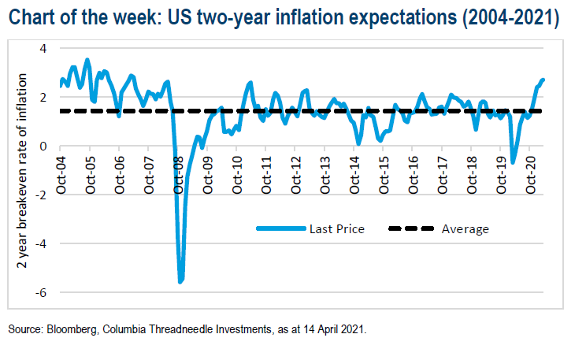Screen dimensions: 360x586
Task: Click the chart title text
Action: click(284, 17)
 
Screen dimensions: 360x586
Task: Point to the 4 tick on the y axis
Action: click(43, 49)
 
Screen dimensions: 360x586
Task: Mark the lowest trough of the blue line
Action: click(180, 281)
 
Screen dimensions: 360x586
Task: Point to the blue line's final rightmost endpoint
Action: click(543, 80)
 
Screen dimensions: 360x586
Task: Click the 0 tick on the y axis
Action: click(43, 147)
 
